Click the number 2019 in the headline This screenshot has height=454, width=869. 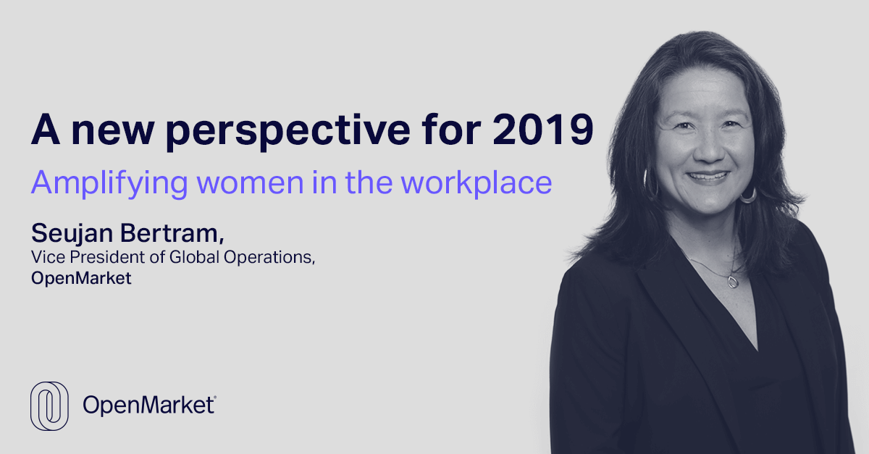coord(543,129)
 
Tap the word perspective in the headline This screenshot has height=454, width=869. coord(287,132)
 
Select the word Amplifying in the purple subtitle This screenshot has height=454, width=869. coord(109,183)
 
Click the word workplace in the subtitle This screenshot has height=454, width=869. coord(477,183)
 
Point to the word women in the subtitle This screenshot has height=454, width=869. coord(251,183)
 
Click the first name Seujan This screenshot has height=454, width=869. coord(72,234)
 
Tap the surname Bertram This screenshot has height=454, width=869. coord(172,233)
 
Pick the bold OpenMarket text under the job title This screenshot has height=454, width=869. coord(81,278)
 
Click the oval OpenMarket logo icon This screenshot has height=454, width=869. coord(49,406)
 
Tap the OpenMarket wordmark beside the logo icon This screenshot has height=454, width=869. coord(148,405)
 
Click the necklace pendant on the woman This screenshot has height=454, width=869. coord(733,282)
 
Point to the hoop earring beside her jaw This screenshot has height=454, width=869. coord(748,196)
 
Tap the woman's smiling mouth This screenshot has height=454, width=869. coord(708,177)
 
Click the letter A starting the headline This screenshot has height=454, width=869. coord(46,129)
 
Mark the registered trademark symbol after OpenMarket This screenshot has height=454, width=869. coord(215,397)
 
